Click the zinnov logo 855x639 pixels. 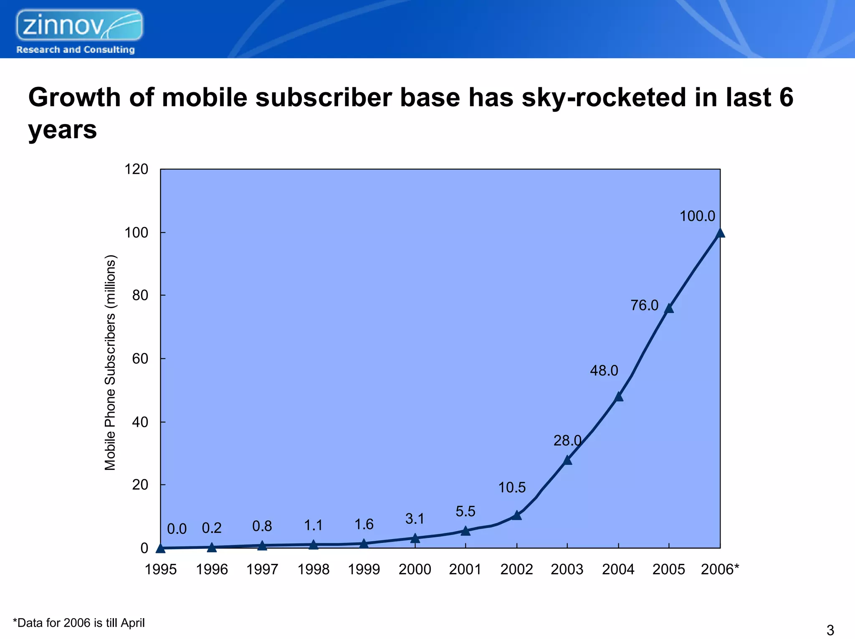pyautogui.click(x=79, y=26)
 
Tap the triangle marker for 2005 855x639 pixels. pyautogui.click(x=669, y=308)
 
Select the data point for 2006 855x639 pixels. pyautogui.click(x=720, y=233)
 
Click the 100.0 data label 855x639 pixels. pyautogui.click(x=697, y=216)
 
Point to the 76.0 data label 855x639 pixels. pyautogui.click(x=644, y=305)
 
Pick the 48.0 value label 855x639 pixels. pyautogui.click(x=604, y=370)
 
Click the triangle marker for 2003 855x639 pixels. pyautogui.click(x=567, y=460)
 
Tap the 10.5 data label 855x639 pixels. pyautogui.click(x=512, y=487)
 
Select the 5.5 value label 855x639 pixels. pyautogui.click(x=465, y=511)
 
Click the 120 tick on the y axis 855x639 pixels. pyautogui.click(x=137, y=169)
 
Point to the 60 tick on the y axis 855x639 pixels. pyautogui.click(x=140, y=359)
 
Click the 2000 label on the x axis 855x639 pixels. pyautogui.click(x=415, y=569)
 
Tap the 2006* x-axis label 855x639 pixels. pyautogui.click(x=720, y=569)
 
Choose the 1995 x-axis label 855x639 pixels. pyautogui.click(x=161, y=569)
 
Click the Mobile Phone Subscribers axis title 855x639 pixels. pyautogui.click(x=110, y=362)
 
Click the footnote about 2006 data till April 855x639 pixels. pyautogui.click(x=79, y=623)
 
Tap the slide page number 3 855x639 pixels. pyautogui.click(x=830, y=630)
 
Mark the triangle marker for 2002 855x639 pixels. pyautogui.click(x=516, y=515)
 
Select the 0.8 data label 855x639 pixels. pyautogui.click(x=262, y=526)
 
